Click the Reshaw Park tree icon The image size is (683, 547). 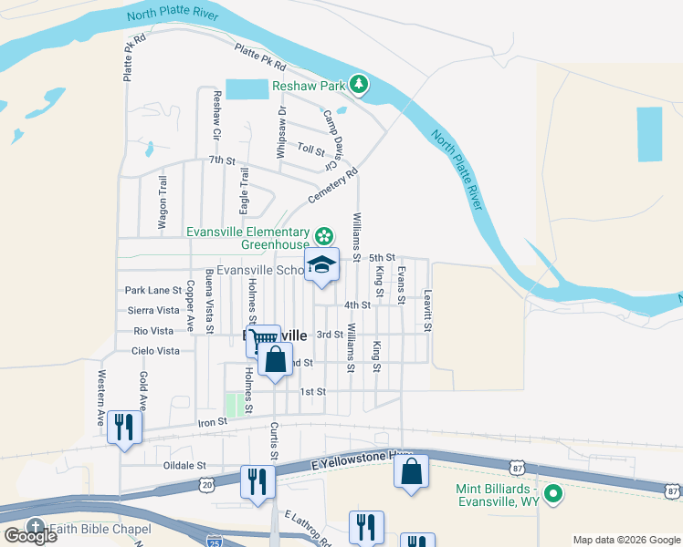(x=360, y=86)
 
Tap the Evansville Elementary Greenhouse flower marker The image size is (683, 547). (x=323, y=237)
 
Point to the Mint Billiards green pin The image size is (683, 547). (x=552, y=495)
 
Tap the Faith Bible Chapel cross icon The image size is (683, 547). (x=36, y=526)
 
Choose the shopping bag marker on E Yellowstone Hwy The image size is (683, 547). (x=412, y=471)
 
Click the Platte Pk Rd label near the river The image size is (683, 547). (x=260, y=58)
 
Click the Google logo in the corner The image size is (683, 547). (x=30, y=536)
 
